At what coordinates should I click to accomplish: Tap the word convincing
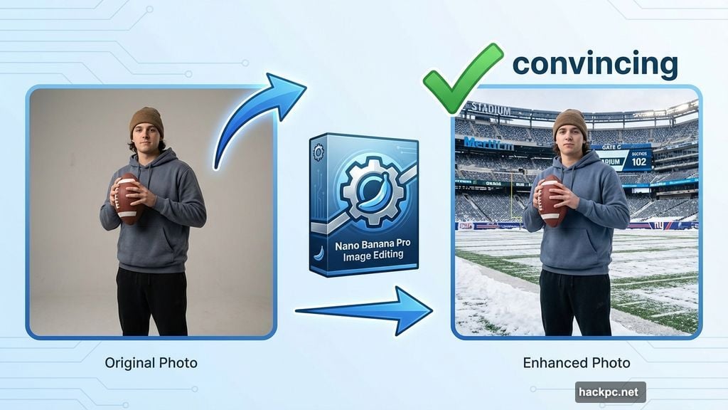pyautogui.click(x=594, y=64)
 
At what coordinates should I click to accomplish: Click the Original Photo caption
pyautogui.click(x=151, y=363)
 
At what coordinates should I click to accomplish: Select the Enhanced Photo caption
pyautogui.click(x=577, y=363)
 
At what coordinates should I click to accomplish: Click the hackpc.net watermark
pyautogui.click(x=611, y=391)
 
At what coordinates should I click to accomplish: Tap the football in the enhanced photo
pyautogui.click(x=552, y=201)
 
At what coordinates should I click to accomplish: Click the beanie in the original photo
pyautogui.click(x=146, y=121)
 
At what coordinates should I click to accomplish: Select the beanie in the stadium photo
pyautogui.click(x=570, y=122)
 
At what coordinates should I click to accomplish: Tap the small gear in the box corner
pyautogui.click(x=318, y=152)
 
